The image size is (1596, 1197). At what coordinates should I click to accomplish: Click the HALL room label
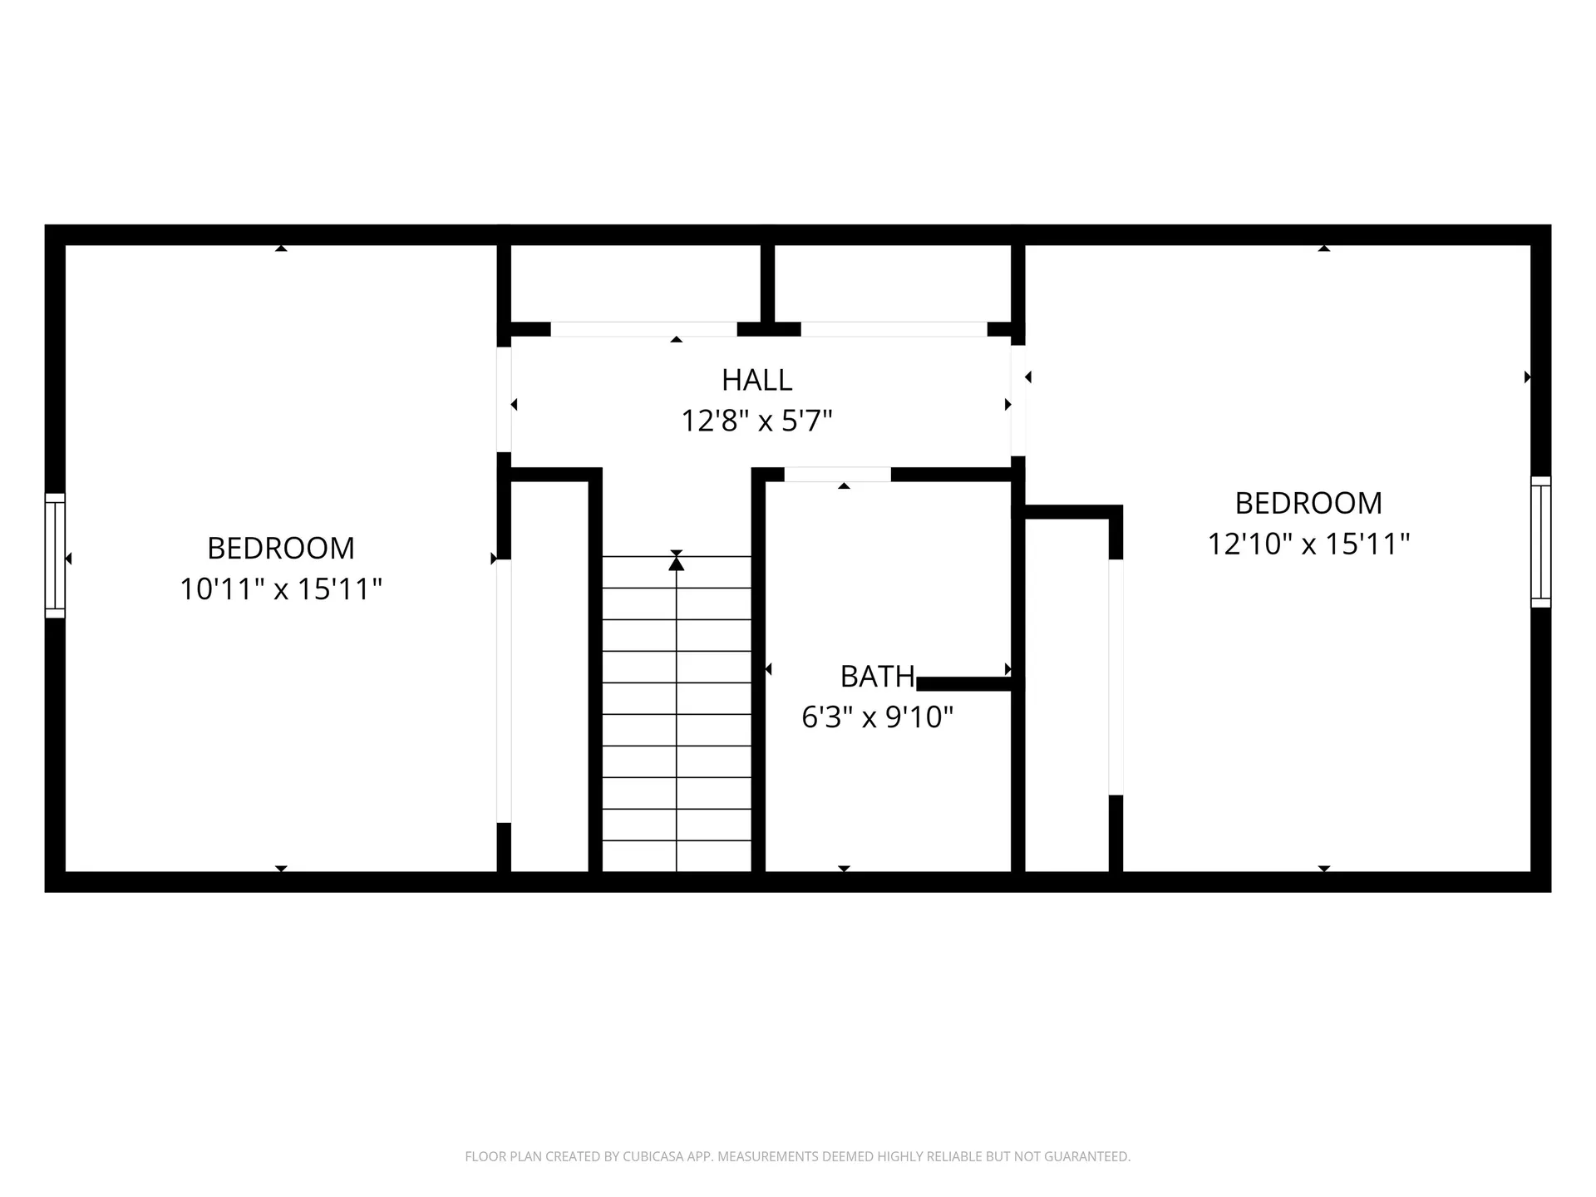click(756, 380)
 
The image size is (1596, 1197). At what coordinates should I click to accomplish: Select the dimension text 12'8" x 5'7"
click(756, 421)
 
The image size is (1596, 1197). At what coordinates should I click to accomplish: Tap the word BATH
click(877, 677)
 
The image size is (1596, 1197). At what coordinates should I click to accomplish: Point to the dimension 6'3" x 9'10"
click(877, 717)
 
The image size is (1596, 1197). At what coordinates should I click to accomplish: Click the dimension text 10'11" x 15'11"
click(281, 589)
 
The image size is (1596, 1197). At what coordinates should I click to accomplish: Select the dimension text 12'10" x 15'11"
click(1308, 544)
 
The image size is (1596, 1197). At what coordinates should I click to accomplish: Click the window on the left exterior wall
click(55, 555)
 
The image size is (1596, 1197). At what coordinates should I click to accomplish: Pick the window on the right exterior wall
click(1540, 542)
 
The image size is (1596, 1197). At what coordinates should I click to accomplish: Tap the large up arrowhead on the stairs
click(677, 564)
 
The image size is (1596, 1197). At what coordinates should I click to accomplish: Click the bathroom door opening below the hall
click(837, 475)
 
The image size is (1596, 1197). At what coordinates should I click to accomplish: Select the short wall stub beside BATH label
click(964, 684)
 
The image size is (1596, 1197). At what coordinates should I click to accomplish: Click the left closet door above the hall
click(643, 329)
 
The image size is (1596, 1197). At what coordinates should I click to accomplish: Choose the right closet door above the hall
click(894, 329)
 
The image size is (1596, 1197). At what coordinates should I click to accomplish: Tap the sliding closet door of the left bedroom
click(503, 690)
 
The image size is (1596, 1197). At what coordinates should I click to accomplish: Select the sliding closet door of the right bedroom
click(1116, 677)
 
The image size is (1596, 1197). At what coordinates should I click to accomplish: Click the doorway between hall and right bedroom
click(1017, 401)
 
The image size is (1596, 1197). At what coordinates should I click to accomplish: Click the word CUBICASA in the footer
click(651, 1156)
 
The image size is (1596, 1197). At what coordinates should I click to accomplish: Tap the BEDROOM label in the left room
click(281, 549)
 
